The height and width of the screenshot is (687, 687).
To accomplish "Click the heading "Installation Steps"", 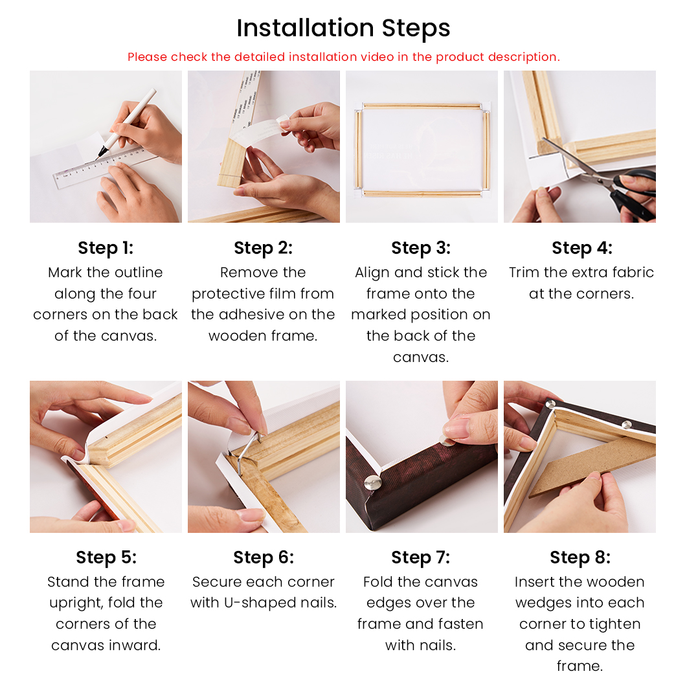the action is pyautogui.click(x=343, y=28).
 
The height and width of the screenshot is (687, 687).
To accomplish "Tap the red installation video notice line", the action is pyautogui.click(x=343, y=57).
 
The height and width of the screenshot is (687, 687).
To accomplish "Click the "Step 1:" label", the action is pyautogui.click(x=106, y=248).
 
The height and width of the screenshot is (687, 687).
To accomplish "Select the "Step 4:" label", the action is pyautogui.click(x=582, y=248).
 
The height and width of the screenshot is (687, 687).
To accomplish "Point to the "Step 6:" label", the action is pyautogui.click(x=264, y=557).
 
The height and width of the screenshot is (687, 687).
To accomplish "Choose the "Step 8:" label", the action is pyautogui.click(x=580, y=557).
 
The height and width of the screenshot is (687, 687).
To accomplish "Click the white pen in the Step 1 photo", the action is pyautogui.click(x=126, y=124).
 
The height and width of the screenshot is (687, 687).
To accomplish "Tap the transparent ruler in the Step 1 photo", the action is pyautogui.click(x=104, y=168).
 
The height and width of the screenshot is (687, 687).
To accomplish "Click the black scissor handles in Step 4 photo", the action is pyautogui.click(x=635, y=193).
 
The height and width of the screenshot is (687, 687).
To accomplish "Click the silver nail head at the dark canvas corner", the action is pyautogui.click(x=373, y=483).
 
